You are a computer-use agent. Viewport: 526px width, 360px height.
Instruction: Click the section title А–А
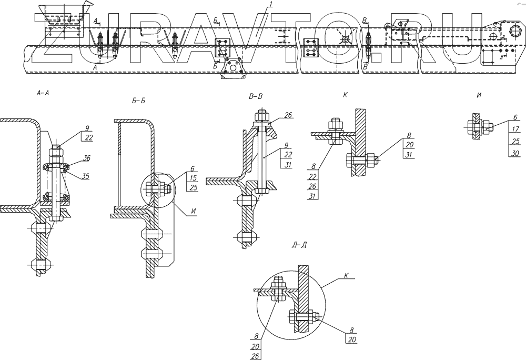pyautogui.click(x=42, y=93)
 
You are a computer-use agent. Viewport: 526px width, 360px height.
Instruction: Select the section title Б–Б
pyautogui.click(x=139, y=100)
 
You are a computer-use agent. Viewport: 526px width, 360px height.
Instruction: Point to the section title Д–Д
pyautogui.click(x=298, y=245)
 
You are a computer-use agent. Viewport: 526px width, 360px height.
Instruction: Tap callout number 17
pyautogui.click(x=515, y=128)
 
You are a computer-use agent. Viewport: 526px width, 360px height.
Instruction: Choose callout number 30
pyautogui.click(x=515, y=153)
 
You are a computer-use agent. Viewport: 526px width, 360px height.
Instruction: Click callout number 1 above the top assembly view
pyautogui.click(x=270, y=5)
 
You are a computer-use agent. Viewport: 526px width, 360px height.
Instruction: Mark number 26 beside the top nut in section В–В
pyautogui.click(x=288, y=115)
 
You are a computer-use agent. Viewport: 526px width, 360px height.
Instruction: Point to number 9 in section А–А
pyautogui.click(x=87, y=127)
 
